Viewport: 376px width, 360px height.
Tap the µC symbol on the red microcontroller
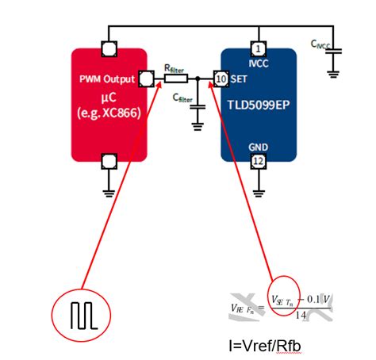[109, 96]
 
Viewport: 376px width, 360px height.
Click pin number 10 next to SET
[220, 79]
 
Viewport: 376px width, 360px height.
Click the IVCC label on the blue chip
[257, 61]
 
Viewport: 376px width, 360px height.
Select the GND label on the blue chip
[258, 147]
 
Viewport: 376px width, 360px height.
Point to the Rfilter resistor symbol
[175, 79]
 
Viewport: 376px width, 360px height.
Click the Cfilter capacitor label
[182, 99]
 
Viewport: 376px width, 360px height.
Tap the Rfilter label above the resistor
[175, 68]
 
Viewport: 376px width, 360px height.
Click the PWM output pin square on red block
[145, 79]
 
